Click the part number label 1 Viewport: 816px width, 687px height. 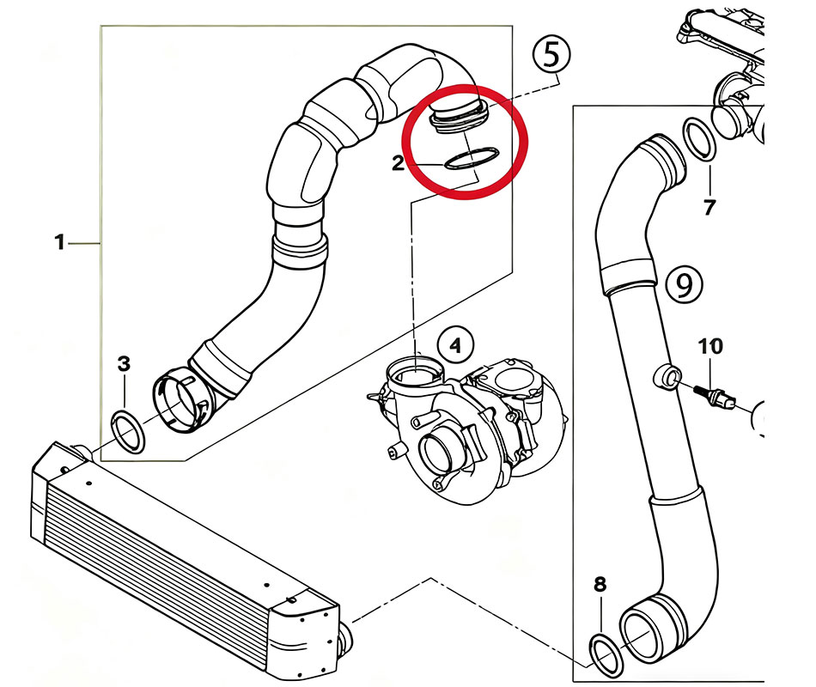click(x=59, y=243)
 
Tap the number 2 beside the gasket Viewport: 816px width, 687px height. click(x=399, y=163)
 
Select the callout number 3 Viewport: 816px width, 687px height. click(x=125, y=364)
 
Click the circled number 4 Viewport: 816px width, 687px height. click(x=455, y=346)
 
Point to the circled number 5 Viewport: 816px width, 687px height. click(x=551, y=55)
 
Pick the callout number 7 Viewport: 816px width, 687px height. click(x=709, y=206)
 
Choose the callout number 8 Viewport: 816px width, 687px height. click(x=600, y=585)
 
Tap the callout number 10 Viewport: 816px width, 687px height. click(x=710, y=347)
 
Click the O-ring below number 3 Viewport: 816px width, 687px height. click(x=129, y=432)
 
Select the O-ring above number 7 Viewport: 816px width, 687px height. click(x=701, y=140)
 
